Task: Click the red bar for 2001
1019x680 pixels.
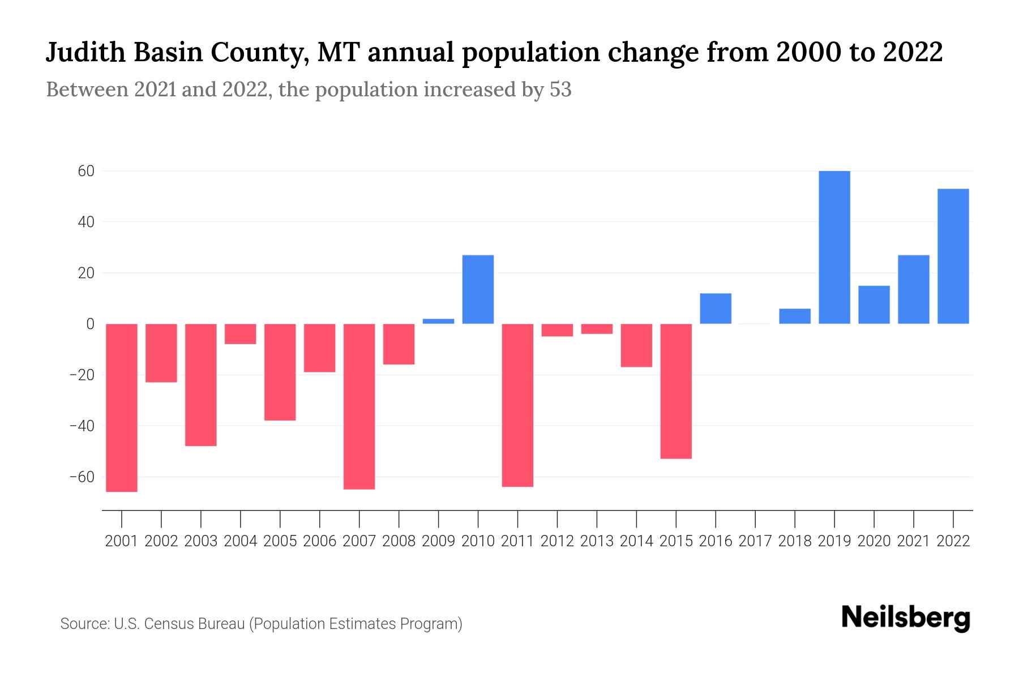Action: click(x=122, y=407)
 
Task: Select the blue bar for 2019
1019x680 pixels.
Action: click(x=834, y=247)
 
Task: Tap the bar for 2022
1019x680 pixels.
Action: click(x=953, y=256)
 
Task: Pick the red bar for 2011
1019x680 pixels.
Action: click(x=517, y=405)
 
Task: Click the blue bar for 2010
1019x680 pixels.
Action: click(x=478, y=290)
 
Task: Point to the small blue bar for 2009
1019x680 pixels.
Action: click(x=438, y=321)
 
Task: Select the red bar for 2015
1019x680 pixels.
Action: click(x=676, y=391)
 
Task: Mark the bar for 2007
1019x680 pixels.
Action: click(x=359, y=406)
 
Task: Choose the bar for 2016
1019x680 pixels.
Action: click(x=716, y=309)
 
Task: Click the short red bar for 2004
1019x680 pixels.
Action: click(x=241, y=334)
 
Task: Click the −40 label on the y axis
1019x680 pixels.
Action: click(x=82, y=426)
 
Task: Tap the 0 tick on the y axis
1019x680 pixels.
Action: click(x=90, y=324)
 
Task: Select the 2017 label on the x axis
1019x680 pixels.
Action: click(x=755, y=541)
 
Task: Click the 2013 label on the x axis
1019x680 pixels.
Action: click(x=597, y=541)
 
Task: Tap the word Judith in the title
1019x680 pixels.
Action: click(x=85, y=53)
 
